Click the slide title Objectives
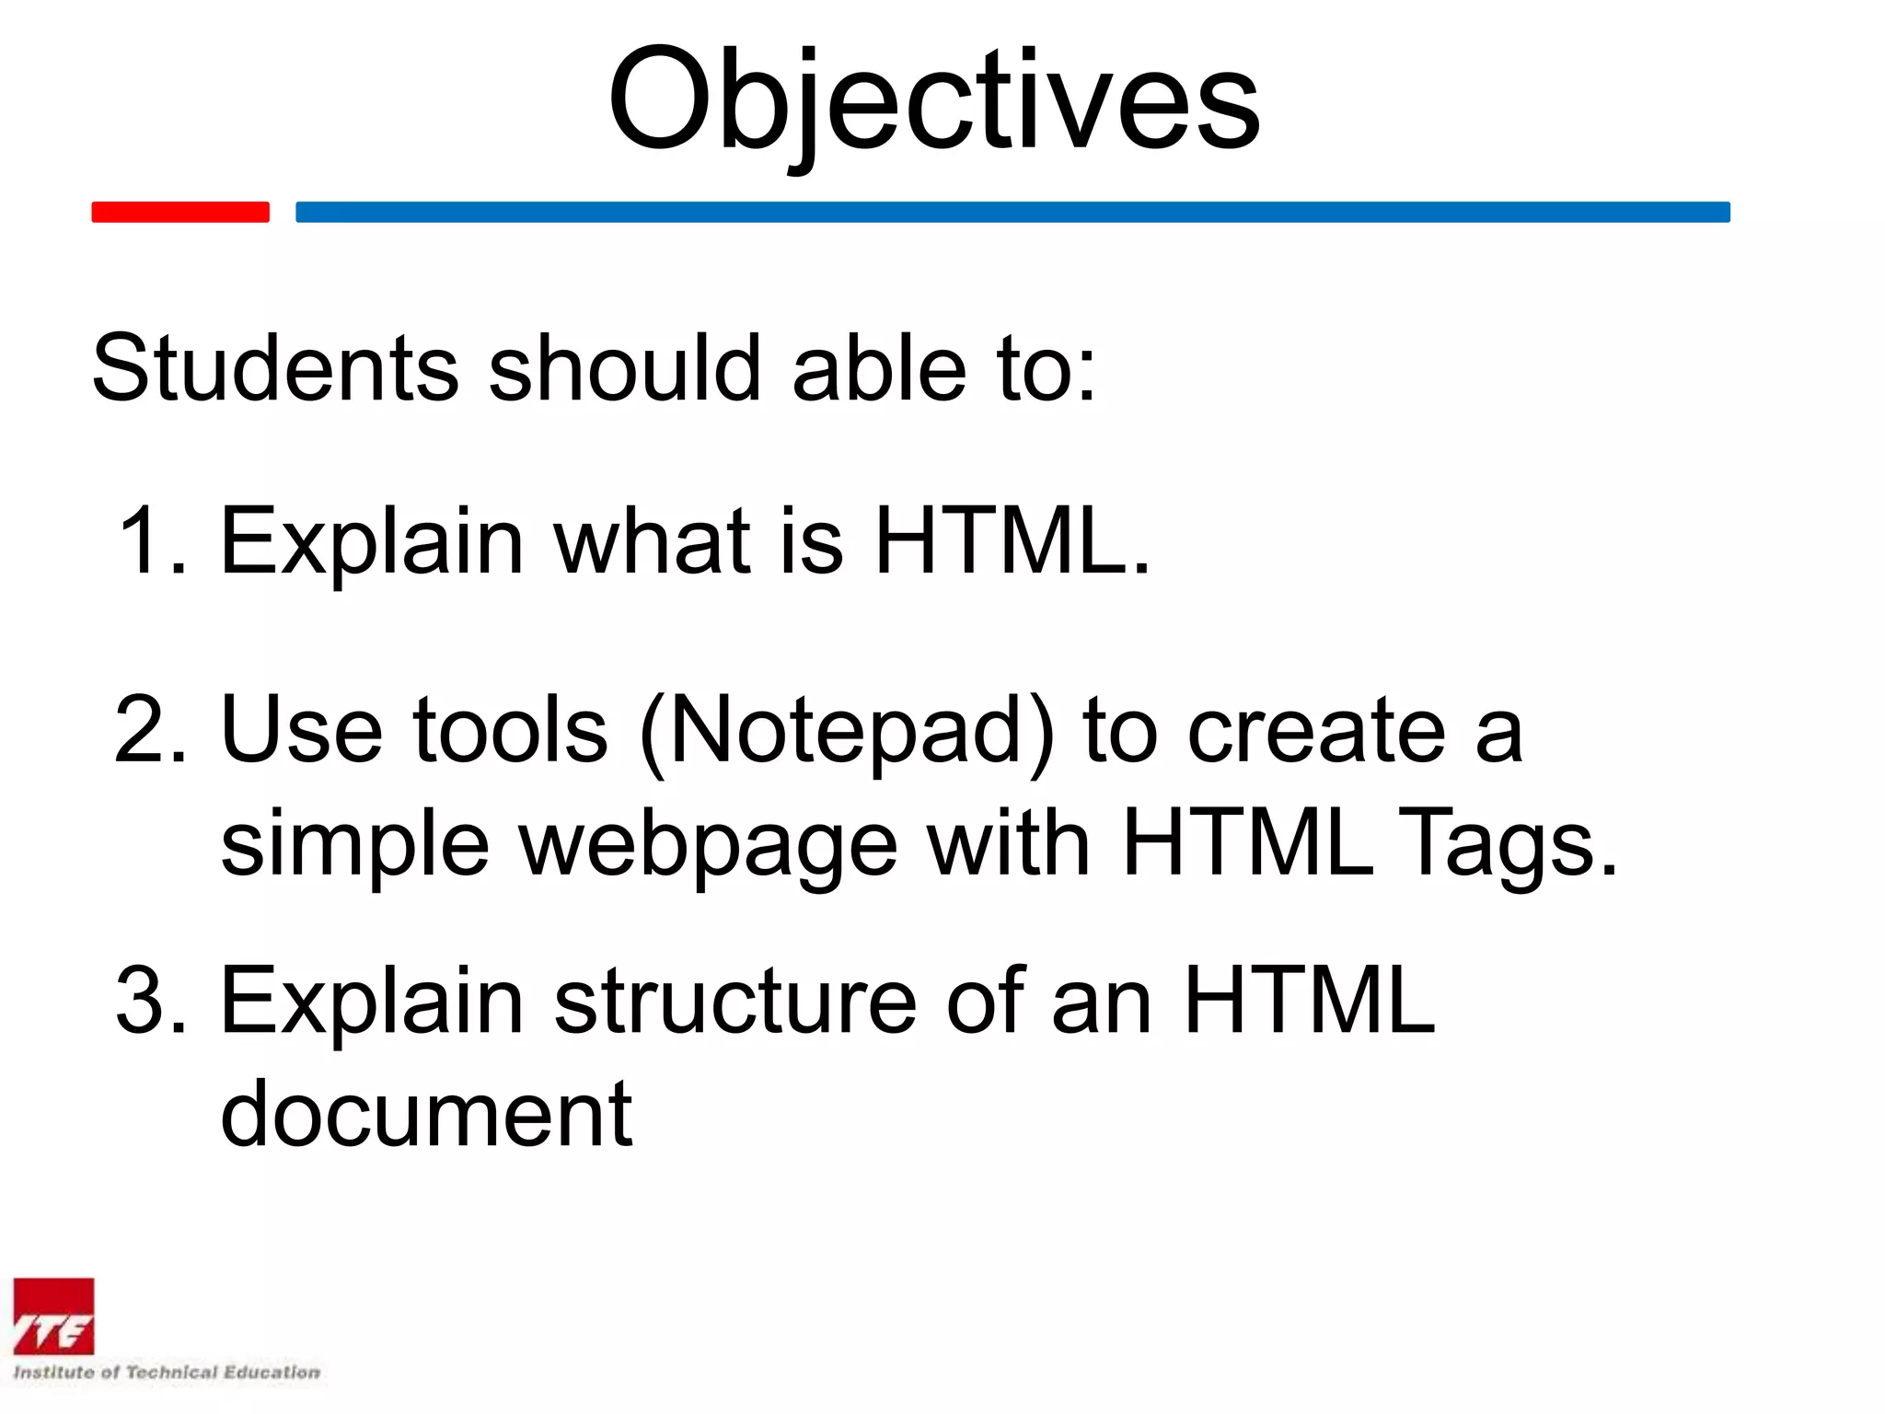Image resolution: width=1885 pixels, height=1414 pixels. point(933,101)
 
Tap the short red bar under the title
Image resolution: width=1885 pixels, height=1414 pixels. point(180,212)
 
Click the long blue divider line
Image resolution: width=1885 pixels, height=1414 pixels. point(1012,212)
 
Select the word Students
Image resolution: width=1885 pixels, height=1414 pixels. point(275,368)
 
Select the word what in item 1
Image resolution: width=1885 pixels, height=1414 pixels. point(652,541)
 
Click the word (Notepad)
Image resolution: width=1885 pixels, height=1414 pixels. point(847,732)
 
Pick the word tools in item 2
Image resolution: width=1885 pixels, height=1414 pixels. point(510,730)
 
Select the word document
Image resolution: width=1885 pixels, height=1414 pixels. point(426,1114)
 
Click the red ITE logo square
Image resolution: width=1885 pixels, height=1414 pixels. point(53,1316)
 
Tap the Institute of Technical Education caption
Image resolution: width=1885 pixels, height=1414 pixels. point(167,1372)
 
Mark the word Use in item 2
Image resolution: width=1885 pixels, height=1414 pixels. point(301,730)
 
